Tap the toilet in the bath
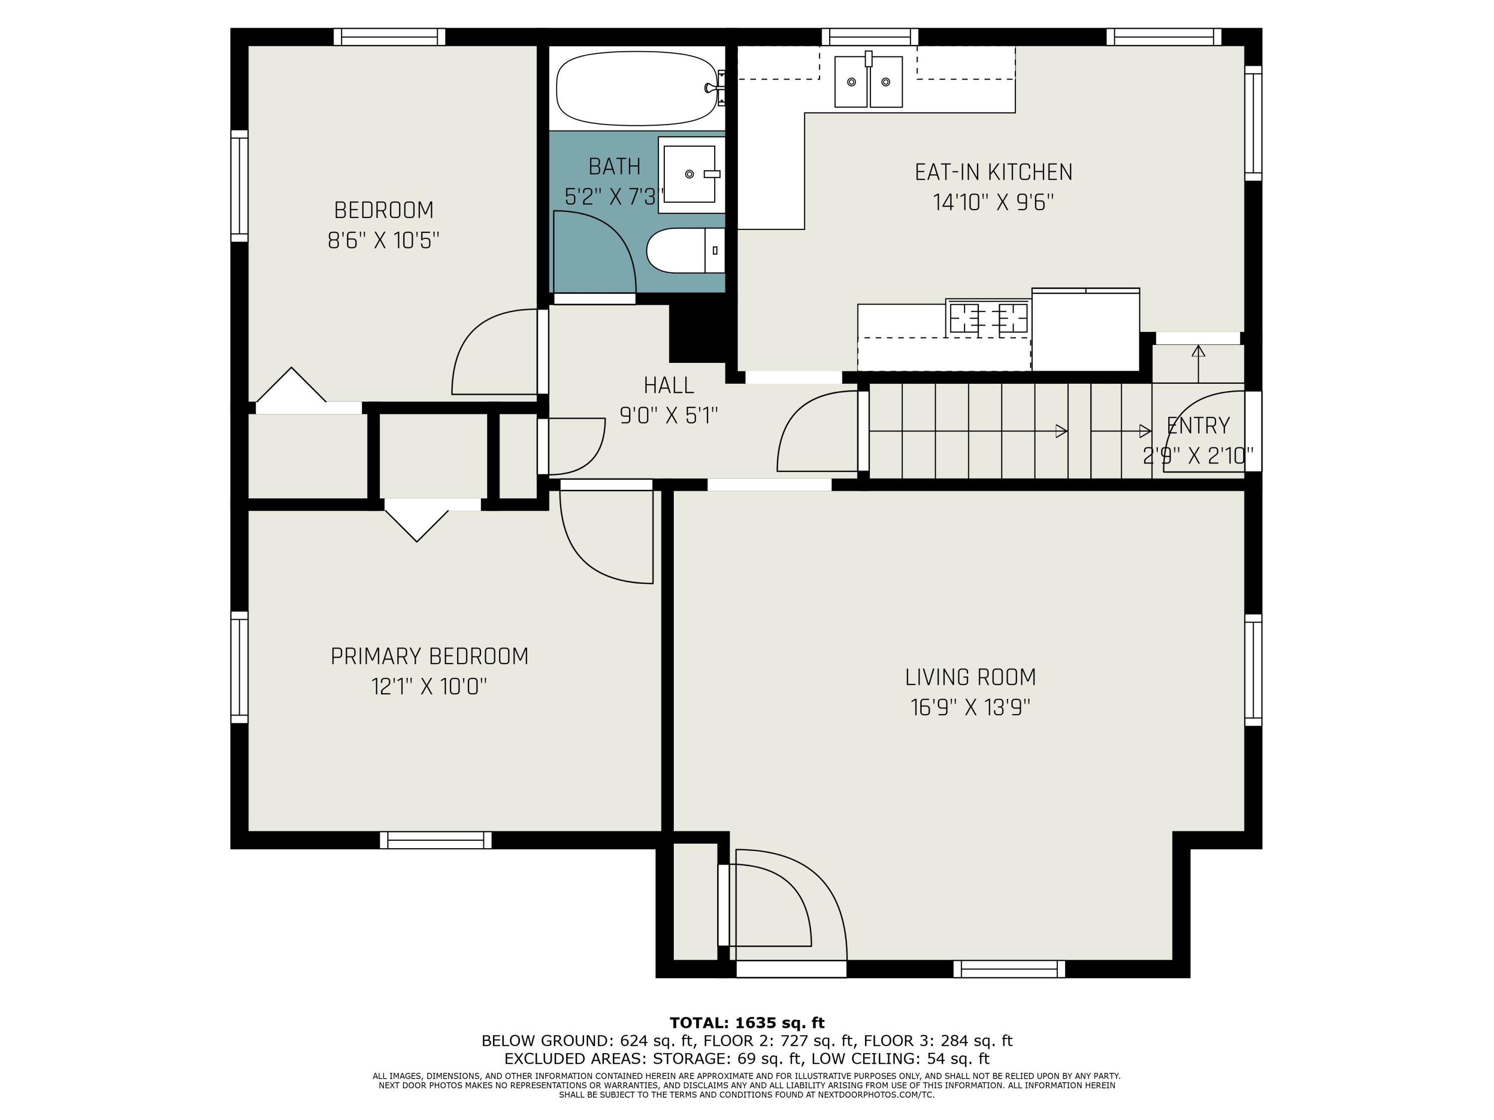pos(685,250)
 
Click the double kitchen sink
pos(869,81)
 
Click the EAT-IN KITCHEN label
pos(994,172)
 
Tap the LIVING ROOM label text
pos(971,677)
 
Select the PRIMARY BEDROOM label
pos(430,656)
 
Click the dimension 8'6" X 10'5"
pos(383,240)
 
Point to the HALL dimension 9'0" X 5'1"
pos(669,415)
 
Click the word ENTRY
pos(1198,425)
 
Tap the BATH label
pos(615,166)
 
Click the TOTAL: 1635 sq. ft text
pos(747,1023)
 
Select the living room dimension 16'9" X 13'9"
pos(971,707)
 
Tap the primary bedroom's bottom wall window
pos(436,840)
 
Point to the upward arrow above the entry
pos(1198,364)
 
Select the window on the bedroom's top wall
pos(390,37)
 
